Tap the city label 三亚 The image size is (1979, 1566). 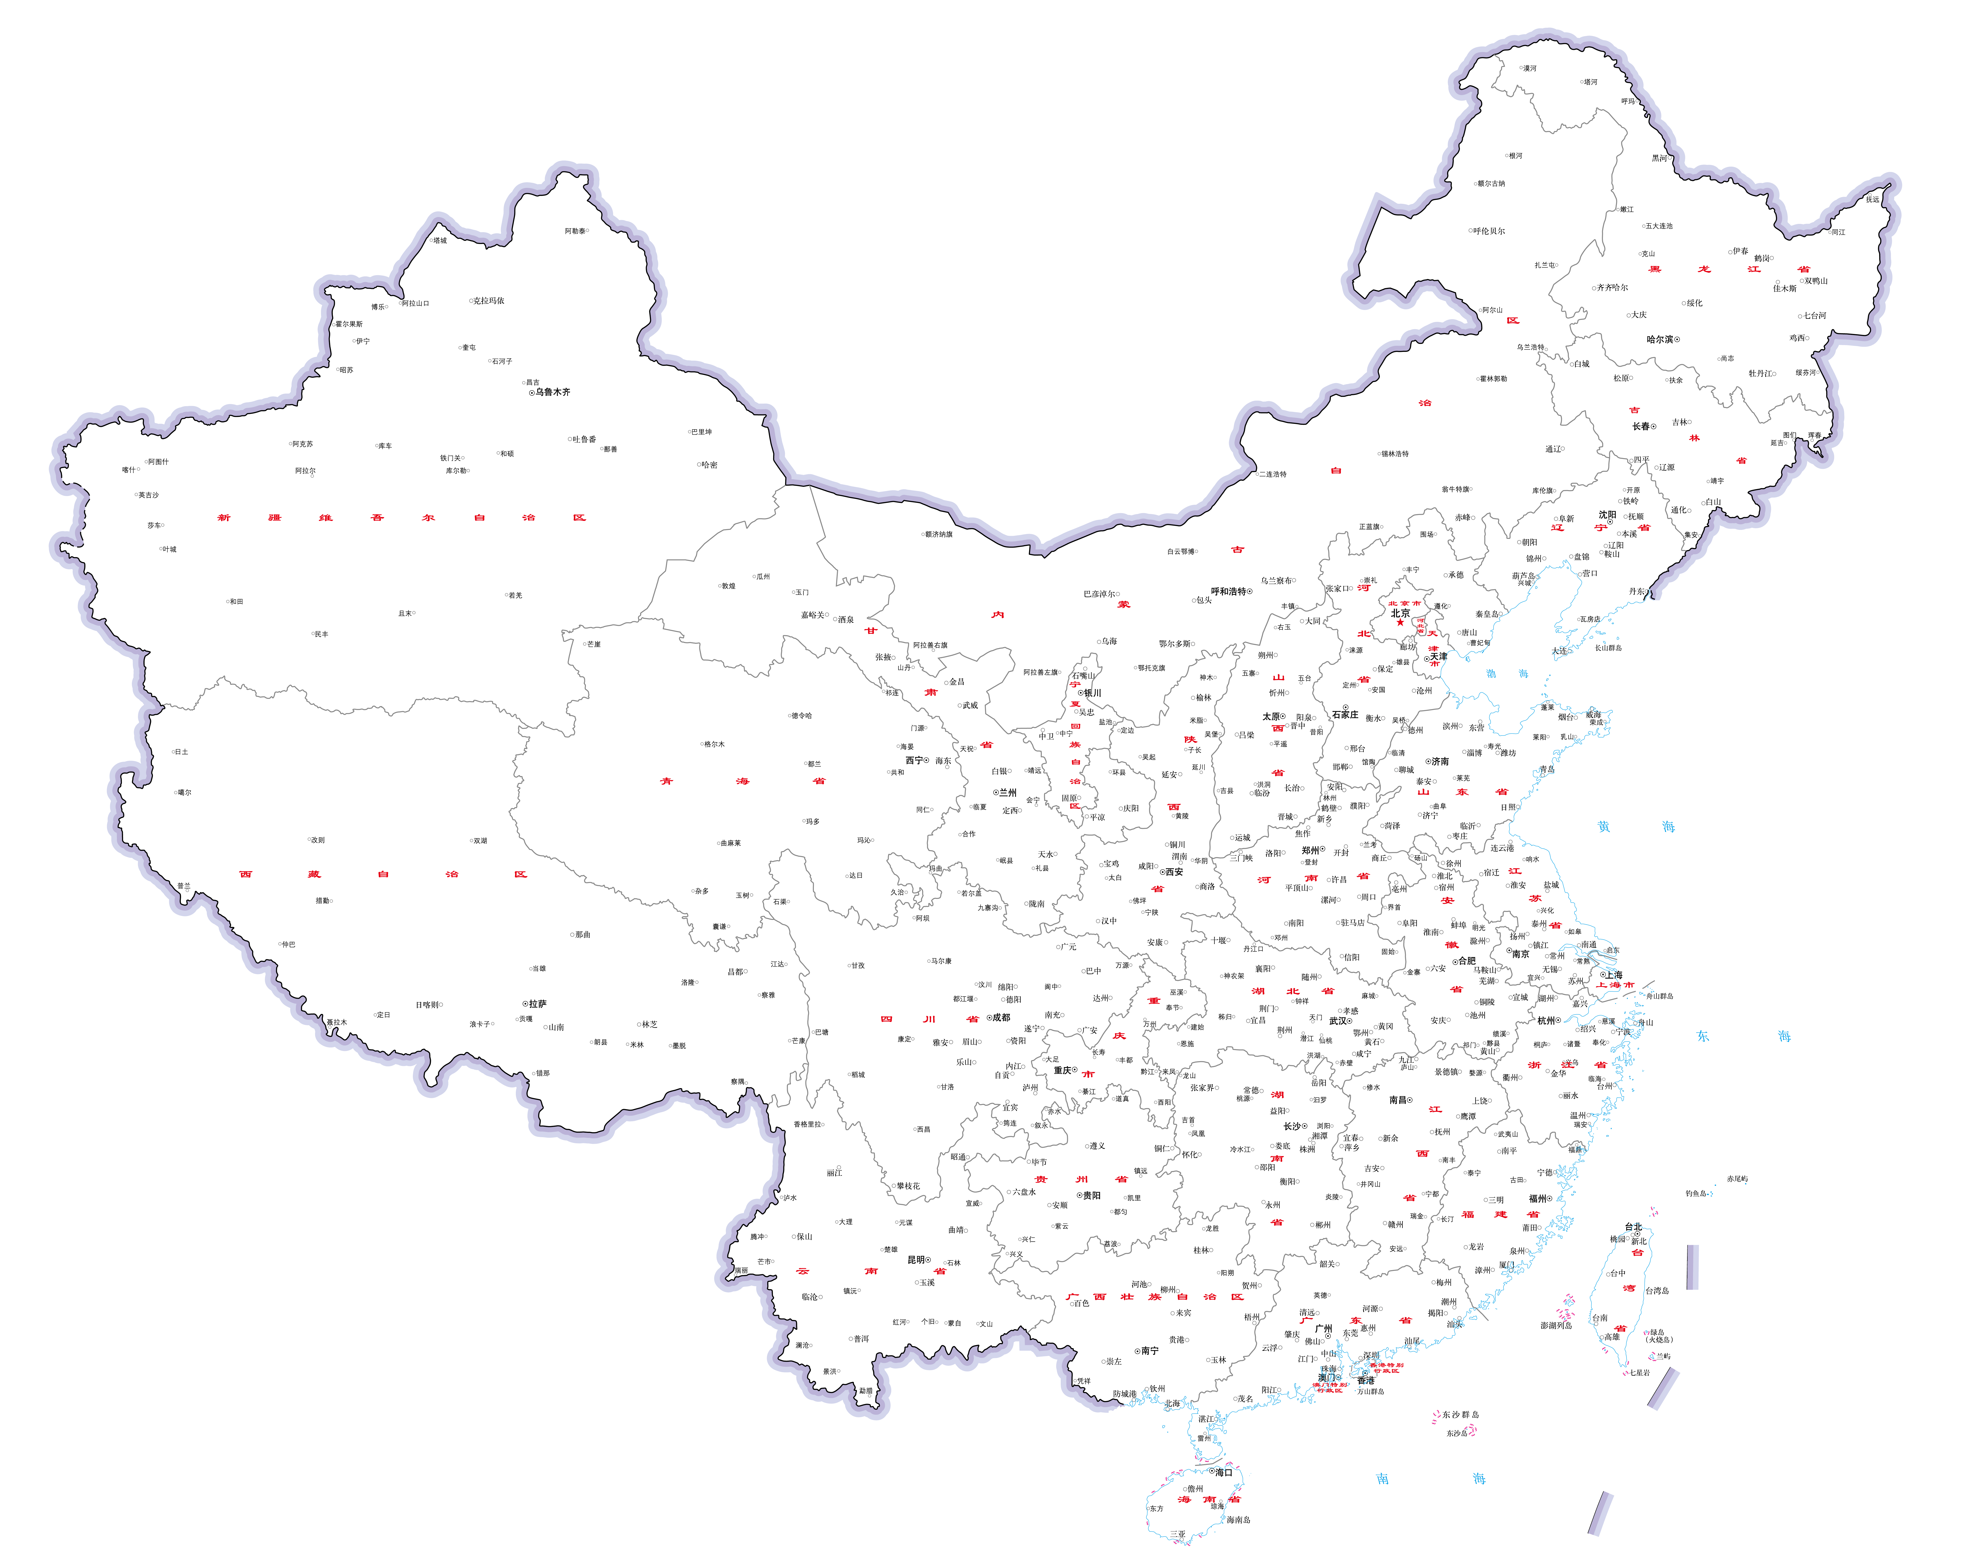click(x=1177, y=1534)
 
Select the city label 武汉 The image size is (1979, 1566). click(x=1339, y=1020)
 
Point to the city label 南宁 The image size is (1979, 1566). click(x=1149, y=1351)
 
